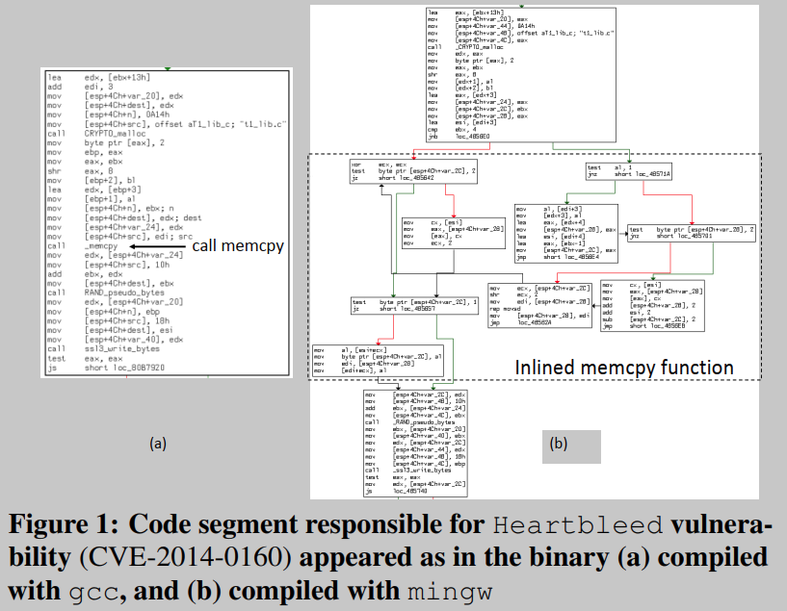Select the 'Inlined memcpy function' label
click(624, 368)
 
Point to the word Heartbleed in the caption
click(553, 526)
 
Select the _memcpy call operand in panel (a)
click(102, 247)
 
